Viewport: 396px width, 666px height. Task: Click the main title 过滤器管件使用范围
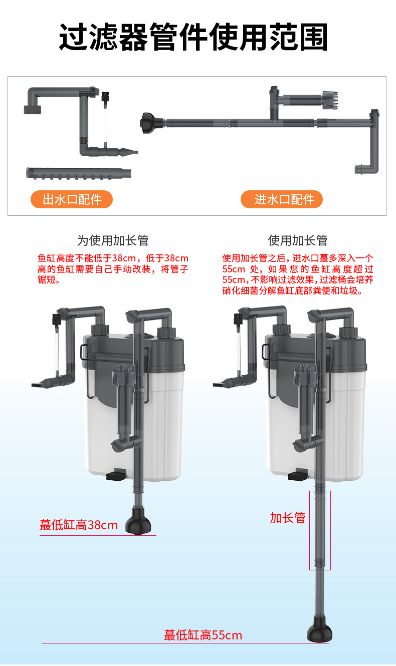(x=193, y=37)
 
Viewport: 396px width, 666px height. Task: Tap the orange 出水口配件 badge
(x=71, y=199)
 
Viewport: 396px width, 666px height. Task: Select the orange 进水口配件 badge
(x=281, y=199)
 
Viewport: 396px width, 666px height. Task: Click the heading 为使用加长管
(x=113, y=240)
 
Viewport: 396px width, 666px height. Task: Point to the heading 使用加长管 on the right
(x=298, y=240)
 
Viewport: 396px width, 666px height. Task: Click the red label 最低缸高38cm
(x=79, y=525)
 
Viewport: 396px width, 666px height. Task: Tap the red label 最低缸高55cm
(x=203, y=635)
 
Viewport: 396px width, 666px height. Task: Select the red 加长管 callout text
(x=288, y=518)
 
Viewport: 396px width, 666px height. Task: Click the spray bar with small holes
(x=79, y=173)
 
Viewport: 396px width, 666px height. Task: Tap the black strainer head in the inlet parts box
(x=151, y=123)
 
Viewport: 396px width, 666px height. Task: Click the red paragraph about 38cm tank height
(x=113, y=269)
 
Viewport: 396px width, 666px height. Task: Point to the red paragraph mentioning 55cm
(x=298, y=274)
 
